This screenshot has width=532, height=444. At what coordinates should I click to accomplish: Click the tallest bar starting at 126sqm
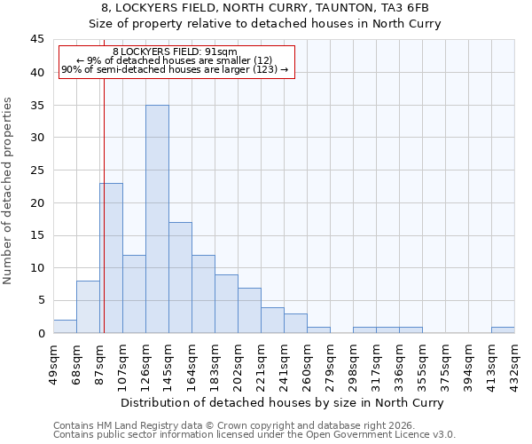157,219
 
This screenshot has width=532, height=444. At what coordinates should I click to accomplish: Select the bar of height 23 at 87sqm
111,258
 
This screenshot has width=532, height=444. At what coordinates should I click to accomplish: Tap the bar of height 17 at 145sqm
180,278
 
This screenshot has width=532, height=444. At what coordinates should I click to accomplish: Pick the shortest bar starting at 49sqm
65,327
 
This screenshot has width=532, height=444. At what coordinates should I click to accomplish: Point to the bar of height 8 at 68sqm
88,307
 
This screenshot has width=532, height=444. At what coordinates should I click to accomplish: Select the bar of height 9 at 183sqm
226,304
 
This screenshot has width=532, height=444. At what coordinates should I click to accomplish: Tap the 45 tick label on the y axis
36,40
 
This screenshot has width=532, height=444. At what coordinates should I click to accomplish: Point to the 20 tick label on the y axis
36,202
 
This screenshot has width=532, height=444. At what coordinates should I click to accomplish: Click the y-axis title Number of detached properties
9,191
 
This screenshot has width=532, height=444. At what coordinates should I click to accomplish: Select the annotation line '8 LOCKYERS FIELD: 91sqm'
175,52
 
